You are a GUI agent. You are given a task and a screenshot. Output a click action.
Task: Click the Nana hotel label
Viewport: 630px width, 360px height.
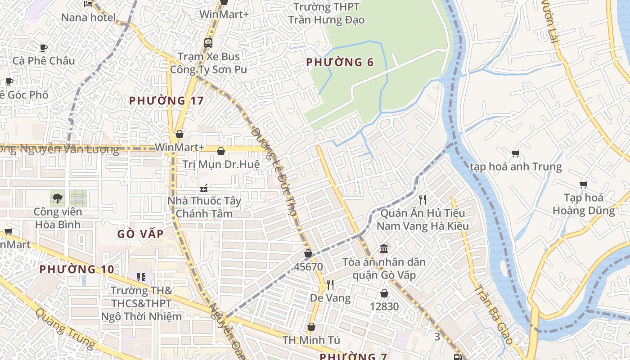coord(88,18)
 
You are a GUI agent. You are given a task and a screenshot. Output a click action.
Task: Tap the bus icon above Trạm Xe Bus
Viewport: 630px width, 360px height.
coord(208,43)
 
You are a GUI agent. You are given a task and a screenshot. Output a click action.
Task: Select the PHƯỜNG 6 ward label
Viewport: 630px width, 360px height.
coord(340,62)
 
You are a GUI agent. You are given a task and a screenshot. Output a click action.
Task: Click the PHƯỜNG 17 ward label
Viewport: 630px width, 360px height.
coord(166,100)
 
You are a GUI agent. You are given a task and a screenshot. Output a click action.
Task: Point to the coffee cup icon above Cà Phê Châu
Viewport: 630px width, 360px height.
coord(44,48)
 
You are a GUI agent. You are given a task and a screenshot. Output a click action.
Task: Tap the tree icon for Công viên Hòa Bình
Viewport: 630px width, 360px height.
coord(57,198)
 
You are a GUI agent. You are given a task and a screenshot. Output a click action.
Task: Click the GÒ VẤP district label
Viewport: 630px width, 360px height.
coord(140,234)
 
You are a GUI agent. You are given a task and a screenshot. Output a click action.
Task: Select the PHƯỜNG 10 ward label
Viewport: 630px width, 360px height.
coord(76,270)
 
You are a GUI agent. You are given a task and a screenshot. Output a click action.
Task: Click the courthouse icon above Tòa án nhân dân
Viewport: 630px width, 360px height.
coord(384,248)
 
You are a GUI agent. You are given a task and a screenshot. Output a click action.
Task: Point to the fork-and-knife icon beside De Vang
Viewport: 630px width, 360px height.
coord(330,284)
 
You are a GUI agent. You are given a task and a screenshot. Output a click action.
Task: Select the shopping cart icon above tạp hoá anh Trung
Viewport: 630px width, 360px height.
coord(516,153)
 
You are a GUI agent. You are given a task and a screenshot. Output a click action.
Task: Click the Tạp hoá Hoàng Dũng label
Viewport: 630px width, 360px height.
coord(583,204)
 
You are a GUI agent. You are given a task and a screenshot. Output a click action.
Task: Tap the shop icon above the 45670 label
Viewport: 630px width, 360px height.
coord(308,254)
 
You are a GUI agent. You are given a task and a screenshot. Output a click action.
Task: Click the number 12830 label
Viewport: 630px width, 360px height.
coord(384,306)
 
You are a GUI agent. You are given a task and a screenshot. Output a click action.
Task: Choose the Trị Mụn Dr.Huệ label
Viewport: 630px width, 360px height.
coord(221,164)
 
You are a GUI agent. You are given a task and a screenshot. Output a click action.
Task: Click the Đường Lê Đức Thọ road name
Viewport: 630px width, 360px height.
coord(274,171)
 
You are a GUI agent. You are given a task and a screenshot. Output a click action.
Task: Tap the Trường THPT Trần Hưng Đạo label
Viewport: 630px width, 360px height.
coord(326,13)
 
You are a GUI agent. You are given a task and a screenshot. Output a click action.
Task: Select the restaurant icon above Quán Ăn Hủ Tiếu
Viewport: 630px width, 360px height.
coord(422,199)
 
